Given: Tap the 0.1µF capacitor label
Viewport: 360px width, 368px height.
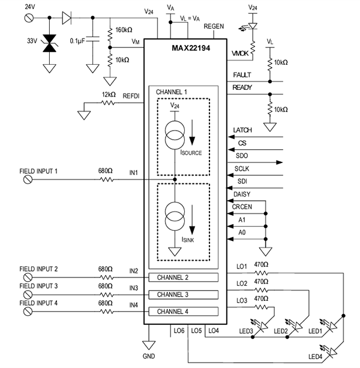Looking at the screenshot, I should pyautogui.click(x=78, y=41).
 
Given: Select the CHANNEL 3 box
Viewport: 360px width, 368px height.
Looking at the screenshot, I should pyautogui.click(x=183, y=295).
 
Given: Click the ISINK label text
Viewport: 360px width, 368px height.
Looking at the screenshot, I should pyautogui.click(x=188, y=240).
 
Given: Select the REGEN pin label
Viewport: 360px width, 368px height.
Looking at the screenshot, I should pyautogui.click(x=214, y=26).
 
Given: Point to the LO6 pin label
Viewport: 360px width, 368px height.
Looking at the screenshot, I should pyautogui.click(x=178, y=330).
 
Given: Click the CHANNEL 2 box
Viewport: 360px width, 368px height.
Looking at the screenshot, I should pyautogui.click(x=183, y=277).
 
